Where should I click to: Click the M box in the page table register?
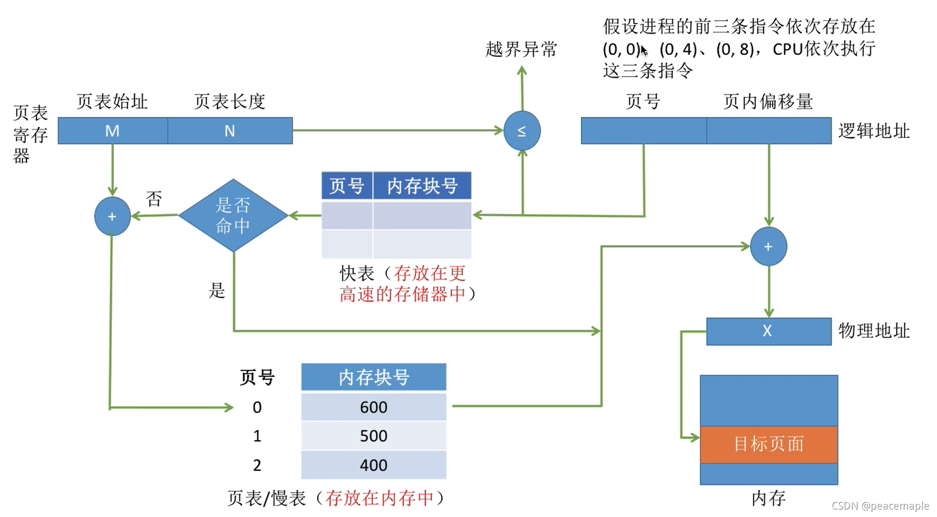pyautogui.click(x=112, y=131)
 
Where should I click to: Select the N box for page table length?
pyautogui.click(x=230, y=131)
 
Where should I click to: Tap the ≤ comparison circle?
pyautogui.click(x=521, y=131)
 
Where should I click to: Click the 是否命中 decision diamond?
pyautogui.click(x=233, y=215)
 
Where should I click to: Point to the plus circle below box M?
pyautogui.click(x=112, y=216)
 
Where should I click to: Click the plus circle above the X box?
pyautogui.click(x=768, y=247)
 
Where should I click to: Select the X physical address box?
pyautogui.click(x=768, y=331)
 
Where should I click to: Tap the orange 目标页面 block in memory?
pyautogui.click(x=768, y=444)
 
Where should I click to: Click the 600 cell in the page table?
pyautogui.click(x=374, y=407)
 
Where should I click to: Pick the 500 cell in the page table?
pyautogui.click(x=374, y=436)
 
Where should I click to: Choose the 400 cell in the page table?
pyautogui.click(x=374, y=465)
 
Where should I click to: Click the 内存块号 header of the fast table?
pyautogui.click(x=422, y=186)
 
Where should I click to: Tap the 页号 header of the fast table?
pyautogui.click(x=347, y=186)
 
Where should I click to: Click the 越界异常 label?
pyautogui.click(x=521, y=49)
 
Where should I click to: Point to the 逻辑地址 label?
pyautogui.click(x=874, y=131)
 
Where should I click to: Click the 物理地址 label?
pyautogui.click(x=874, y=331)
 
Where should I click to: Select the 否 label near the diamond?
pyautogui.click(x=154, y=199)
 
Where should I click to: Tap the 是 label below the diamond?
pyautogui.click(x=217, y=290)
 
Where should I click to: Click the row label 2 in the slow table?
pyautogui.click(x=257, y=465)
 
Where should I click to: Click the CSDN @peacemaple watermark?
pyautogui.click(x=880, y=506)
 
